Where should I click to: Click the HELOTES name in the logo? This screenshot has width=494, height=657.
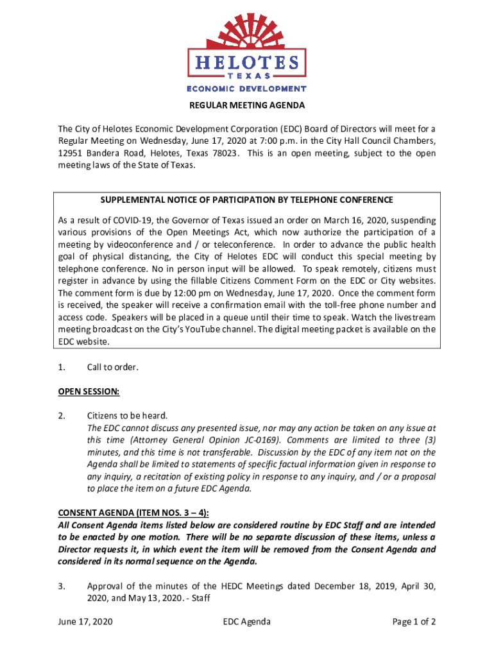click(x=246, y=62)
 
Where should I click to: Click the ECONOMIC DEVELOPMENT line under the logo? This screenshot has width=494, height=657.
click(x=246, y=89)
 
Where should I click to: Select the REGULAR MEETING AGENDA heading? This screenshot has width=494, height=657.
click(x=246, y=105)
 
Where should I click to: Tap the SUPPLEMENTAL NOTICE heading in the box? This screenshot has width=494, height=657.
click(x=247, y=200)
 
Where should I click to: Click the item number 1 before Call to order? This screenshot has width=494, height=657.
click(x=61, y=367)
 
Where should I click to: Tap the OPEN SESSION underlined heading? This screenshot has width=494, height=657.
click(x=89, y=391)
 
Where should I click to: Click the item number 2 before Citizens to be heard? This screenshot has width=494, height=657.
click(x=61, y=416)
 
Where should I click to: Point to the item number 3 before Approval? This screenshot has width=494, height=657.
click(x=61, y=585)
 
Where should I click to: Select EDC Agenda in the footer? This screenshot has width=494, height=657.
click(x=246, y=621)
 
